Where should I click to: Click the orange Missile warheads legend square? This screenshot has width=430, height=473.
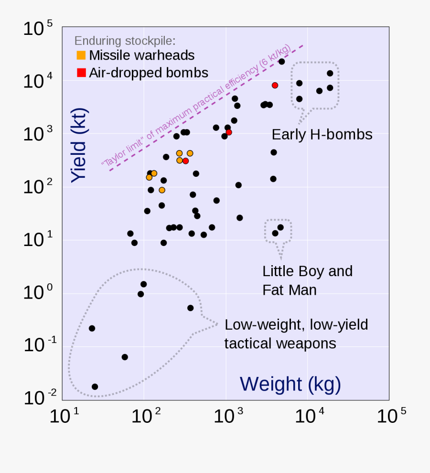[81, 55]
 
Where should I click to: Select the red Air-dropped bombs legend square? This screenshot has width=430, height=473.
[81, 73]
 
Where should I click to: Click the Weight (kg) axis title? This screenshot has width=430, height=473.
[290, 384]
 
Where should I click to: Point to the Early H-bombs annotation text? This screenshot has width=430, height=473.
[322, 134]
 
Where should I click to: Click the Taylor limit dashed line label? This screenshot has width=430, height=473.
[196, 106]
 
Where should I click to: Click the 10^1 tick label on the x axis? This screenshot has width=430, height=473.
[64, 416]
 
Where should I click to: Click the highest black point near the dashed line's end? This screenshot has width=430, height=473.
[281, 62]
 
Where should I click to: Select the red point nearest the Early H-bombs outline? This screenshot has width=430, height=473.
[275, 85]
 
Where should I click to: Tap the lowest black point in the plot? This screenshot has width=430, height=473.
[95, 387]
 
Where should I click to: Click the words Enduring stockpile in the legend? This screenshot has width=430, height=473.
[125, 40]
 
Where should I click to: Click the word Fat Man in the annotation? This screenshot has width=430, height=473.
[289, 290]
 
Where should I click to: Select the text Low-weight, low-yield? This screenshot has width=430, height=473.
[296, 325]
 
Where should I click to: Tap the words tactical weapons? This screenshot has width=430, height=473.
[280, 343]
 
